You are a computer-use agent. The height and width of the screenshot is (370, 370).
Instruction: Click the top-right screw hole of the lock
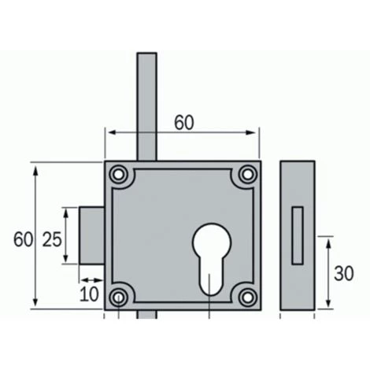(x=247, y=174)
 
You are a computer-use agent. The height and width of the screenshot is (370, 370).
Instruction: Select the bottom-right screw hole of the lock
(x=247, y=298)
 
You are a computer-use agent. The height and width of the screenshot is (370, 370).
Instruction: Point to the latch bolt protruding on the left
(x=92, y=235)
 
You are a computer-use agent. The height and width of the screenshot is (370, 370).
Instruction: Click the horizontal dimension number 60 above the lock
(x=184, y=123)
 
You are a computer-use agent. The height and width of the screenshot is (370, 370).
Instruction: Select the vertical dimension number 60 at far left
(x=23, y=239)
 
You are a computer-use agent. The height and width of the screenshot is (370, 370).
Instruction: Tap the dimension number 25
(x=52, y=239)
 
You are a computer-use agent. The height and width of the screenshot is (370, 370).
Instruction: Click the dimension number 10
(x=89, y=294)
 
